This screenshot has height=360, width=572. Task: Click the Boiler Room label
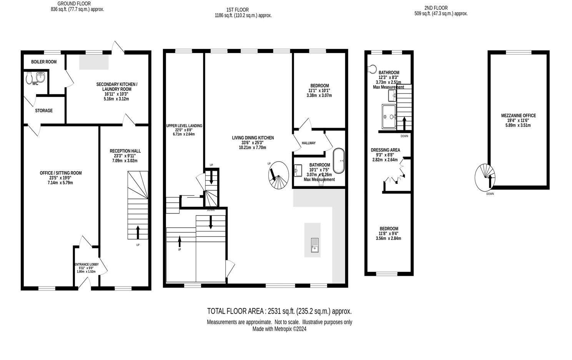coord(44,62)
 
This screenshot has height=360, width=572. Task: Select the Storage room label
coord(44,111)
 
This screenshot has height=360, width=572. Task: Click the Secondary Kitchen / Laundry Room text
coord(116,87)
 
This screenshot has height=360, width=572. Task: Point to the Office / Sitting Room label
coord(61,173)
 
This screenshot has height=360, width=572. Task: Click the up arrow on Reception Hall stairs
coord(138,232)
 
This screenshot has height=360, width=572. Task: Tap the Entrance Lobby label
coord(86,265)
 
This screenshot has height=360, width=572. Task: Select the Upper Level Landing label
coord(184,126)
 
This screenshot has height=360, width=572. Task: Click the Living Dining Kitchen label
coord(253,138)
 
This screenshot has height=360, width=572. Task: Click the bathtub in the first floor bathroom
coord(339,160)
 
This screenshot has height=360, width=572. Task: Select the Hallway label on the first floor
coord(308,143)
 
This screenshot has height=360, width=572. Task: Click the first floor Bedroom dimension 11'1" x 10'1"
coord(319,91)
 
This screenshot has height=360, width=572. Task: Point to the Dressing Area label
coord(385,150)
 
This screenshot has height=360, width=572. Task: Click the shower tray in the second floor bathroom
coord(389,116)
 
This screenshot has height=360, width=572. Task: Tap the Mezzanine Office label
coord(518,116)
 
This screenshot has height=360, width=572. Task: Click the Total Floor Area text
coord(279,311)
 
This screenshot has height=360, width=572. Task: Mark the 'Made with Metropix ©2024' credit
coord(279,329)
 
